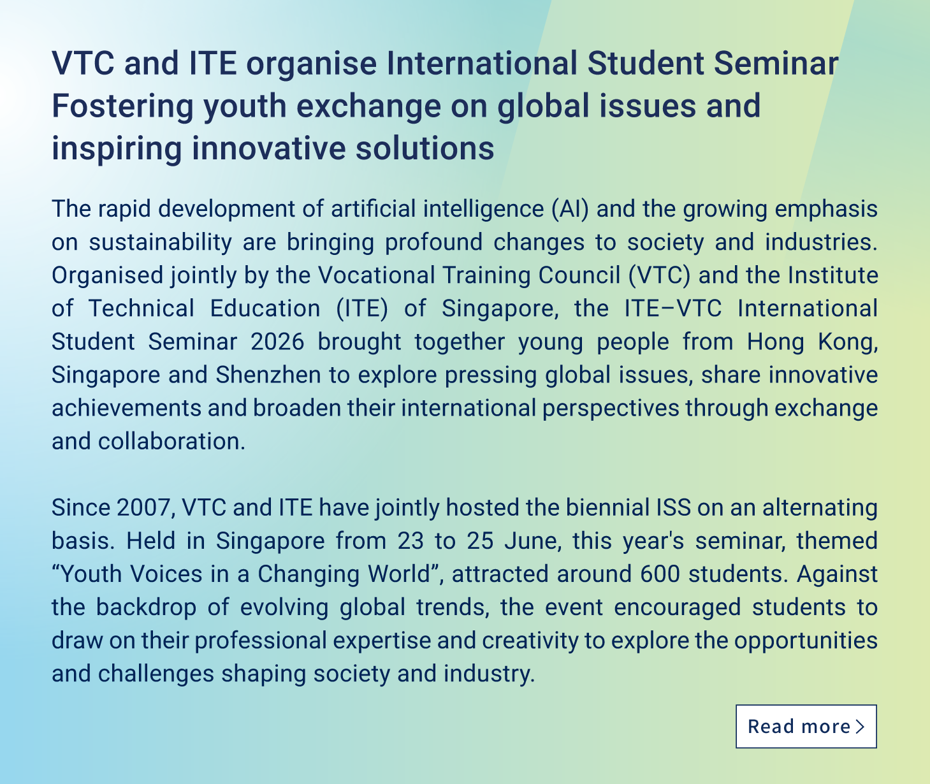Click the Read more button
tap(806, 726)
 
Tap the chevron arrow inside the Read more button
tap(861, 727)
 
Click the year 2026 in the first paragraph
tap(277, 342)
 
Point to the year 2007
tap(143, 507)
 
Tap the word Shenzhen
tap(268, 375)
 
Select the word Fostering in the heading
tap(122, 106)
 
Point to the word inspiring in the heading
tap(117, 149)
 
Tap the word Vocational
tap(376, 275)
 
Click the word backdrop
tap(146, 607)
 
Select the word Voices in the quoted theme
tap(166, 574)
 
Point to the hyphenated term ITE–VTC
tap(673, 309)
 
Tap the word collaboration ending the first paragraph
tap(171, 442)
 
